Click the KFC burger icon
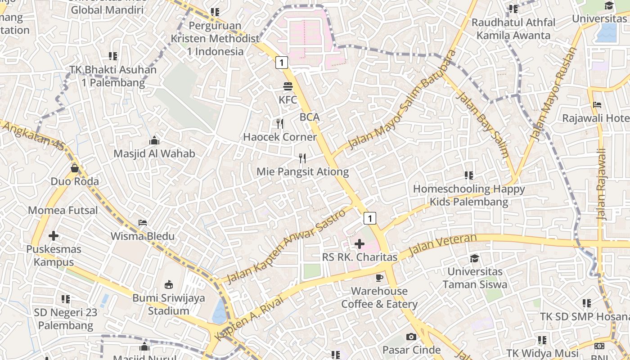pyautogui.click(x=288, y=86)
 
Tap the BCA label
pyautogui.click(x=310, y=117)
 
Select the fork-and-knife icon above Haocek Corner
pyautogui.click(x=280, y=124)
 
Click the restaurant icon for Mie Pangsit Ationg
pyautogui.click(x=302, y=158)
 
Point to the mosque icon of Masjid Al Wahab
pyautogui.click(x=154, y=140)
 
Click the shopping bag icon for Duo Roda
pyautogui.click(x=75, y=168)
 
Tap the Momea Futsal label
pyautogui.click(x=63, y=210)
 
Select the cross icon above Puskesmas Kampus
pyautogui.click(x=54, y=235)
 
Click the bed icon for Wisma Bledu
pyautogui.click(x=143, y=223)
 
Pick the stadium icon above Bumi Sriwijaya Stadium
pyautogui.click(x=169, y=284)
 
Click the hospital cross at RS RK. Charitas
pyautogui.click(x=360, y=244)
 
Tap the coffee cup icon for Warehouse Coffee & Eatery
pyautogui.click(x=379, y=278)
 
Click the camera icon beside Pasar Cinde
pyautogui.click(x=411, y=337)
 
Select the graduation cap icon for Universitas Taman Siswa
pyautogui.click(x=474, y=258)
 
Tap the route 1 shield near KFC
pyautogui.click(x=281, y=63)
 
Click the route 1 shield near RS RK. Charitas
pyautogui.click(x=369, y=218)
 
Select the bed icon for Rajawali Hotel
pyautogui.click(x=597, y=105)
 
